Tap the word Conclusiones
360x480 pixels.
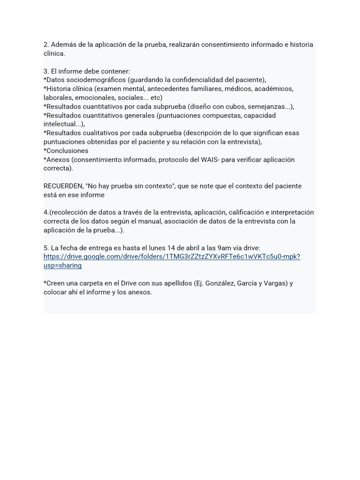click(67, 151)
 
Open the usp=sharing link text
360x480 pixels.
click(62, 266)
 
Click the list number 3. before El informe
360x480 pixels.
click(46, 72)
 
